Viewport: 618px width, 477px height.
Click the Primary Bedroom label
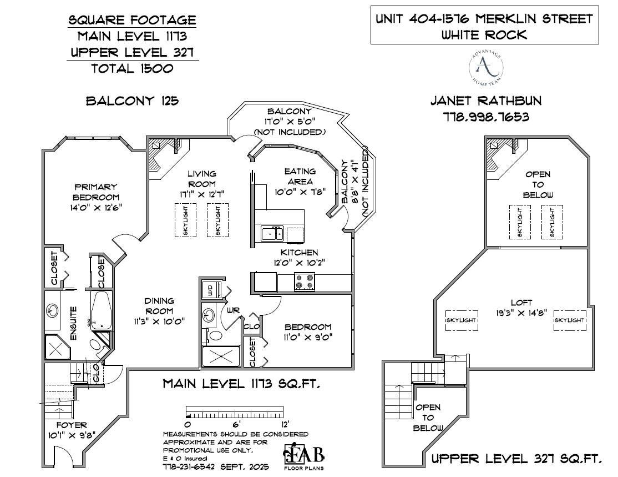96,192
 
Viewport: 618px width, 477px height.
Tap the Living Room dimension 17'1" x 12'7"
201,194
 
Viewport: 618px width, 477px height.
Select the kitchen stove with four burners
305,282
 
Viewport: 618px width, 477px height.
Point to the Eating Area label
300,176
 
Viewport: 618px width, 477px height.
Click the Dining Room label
159,306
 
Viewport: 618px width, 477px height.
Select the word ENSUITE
74,323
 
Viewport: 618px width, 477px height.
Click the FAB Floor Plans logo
305,456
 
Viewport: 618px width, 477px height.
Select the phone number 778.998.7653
486,117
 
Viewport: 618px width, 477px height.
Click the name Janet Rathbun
486,101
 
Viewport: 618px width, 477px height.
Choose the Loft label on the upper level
521,303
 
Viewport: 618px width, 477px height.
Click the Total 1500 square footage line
132,68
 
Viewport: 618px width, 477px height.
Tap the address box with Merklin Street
484,26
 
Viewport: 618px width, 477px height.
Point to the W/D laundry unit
211,289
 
